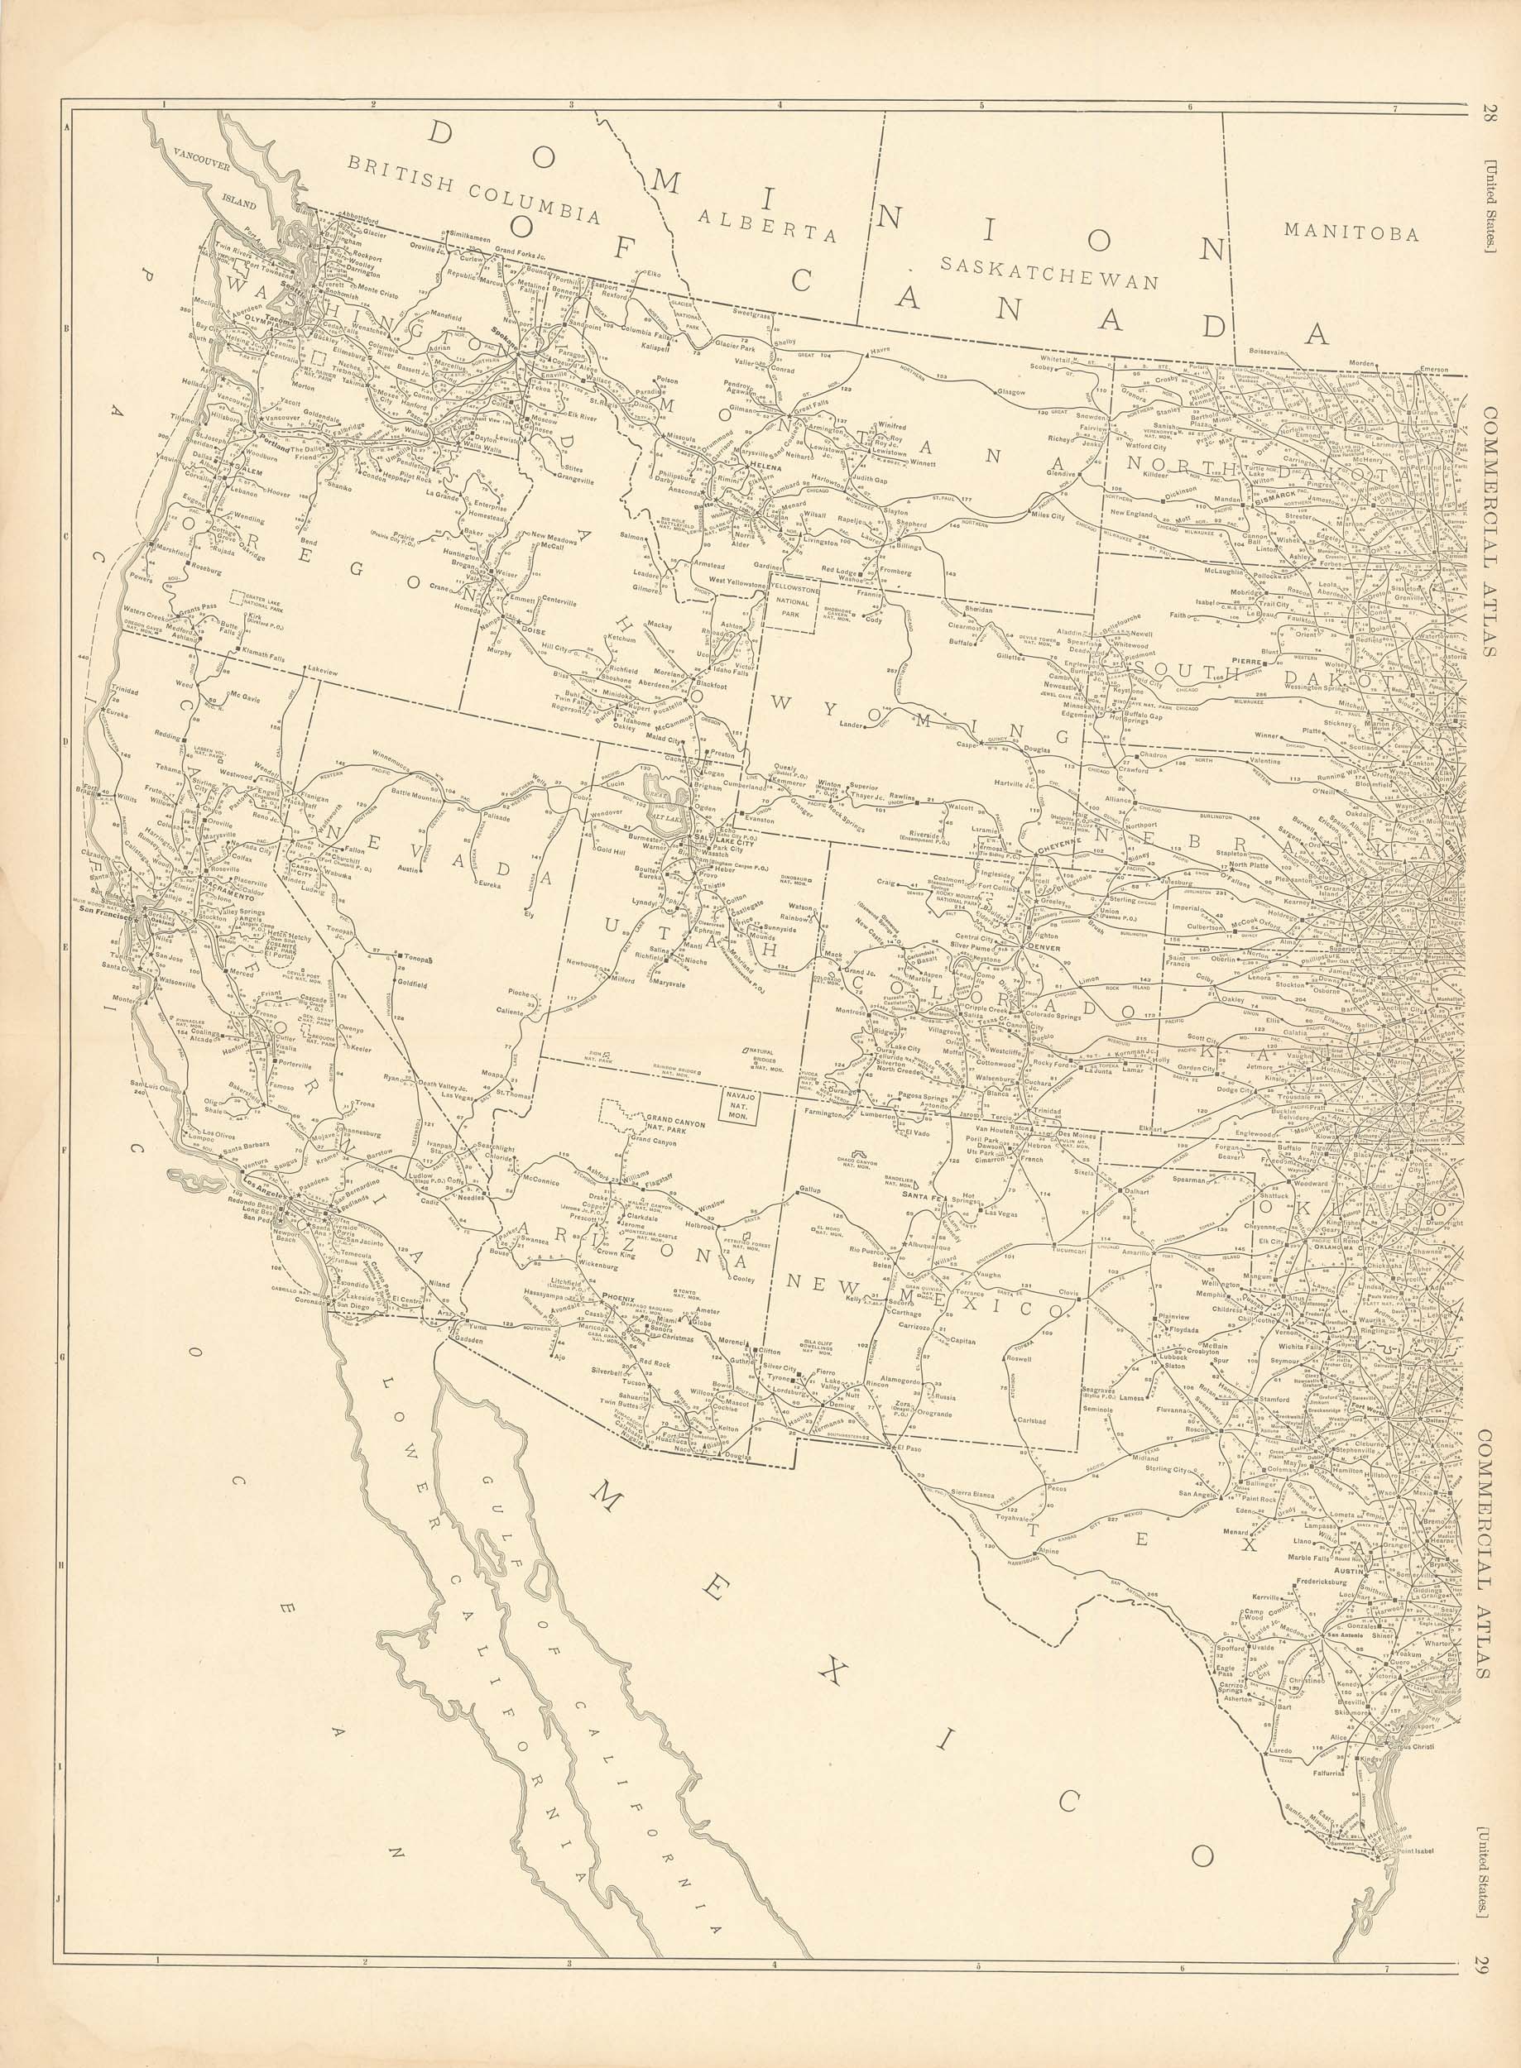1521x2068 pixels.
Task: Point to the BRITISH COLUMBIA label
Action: [x=473, y=188]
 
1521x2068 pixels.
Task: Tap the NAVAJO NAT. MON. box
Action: [x=737, y=1103]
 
